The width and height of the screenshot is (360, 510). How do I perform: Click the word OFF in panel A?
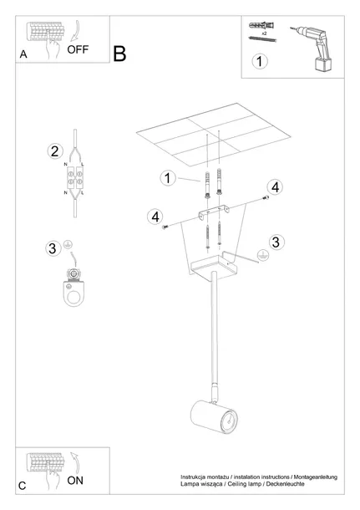[x=79, y=49]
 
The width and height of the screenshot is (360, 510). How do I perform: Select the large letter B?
[x=119, y=54]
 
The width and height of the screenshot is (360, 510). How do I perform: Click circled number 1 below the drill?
[x=261, y=62]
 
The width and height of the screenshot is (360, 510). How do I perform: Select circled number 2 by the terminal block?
[x=53, y=151]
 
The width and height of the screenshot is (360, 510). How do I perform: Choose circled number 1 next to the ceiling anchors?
[x=167, y=177]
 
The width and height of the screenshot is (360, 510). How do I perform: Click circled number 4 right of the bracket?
[x=274, y=186]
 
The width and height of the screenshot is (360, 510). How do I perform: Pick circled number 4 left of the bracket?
[x=154, y=217]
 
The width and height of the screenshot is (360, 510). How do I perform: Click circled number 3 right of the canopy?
[x=277, y=242]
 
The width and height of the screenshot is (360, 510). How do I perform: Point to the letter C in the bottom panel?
[x=23, y=486]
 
